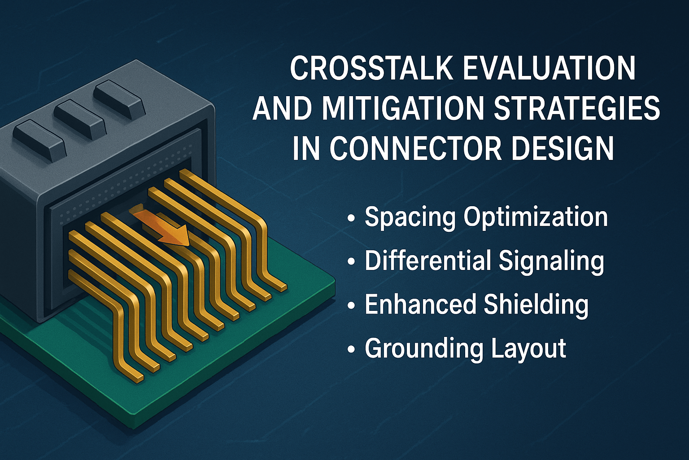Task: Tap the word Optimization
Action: (536, 217)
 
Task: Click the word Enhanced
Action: (420, 304)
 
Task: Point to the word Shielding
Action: (536, 304)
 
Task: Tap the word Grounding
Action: (424, 349)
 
